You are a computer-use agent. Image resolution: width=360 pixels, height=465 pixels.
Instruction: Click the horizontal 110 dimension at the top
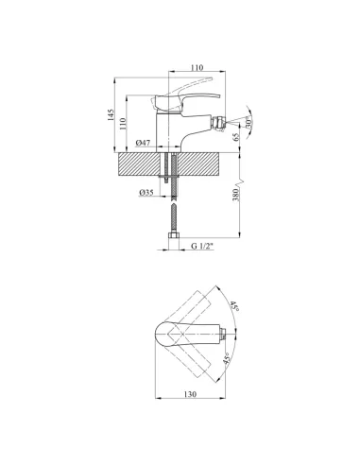[x=197, y=67]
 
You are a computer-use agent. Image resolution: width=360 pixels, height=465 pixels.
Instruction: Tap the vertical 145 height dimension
[x=111, y=115]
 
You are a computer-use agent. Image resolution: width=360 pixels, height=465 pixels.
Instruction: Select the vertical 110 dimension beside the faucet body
[x=123, y=124]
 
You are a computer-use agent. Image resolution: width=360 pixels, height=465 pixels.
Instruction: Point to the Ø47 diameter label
[x=143, y=143]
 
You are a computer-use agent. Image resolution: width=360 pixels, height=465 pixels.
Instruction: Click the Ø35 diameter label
[x=146, y=192]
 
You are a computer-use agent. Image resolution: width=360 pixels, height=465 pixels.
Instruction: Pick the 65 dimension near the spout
[x=236, y=137]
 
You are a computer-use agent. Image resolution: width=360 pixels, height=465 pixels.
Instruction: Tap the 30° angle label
[x=249, y=123]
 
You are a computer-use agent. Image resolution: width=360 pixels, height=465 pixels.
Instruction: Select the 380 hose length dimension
[x=236, y=196]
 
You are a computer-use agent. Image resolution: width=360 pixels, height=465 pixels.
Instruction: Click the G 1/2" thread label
[x=202, y=246]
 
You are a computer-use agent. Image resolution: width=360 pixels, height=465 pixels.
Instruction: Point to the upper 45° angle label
[x=233, y=306]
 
